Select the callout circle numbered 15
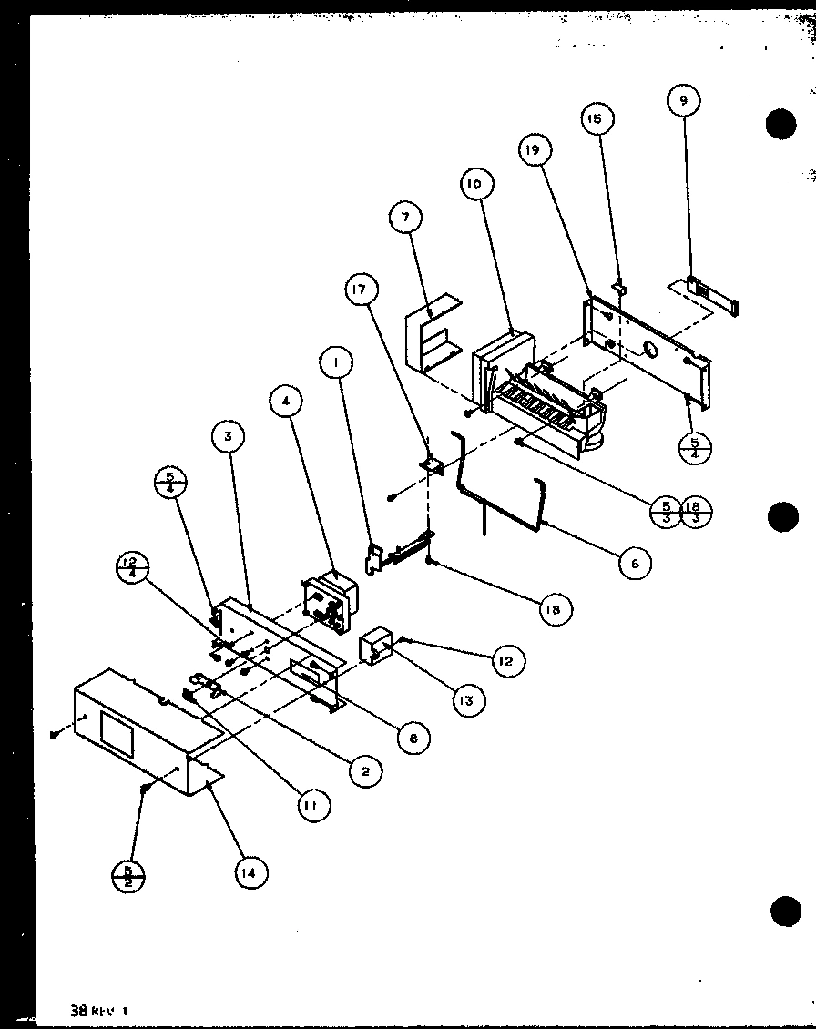[597, 118]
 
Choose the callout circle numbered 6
[635, 564]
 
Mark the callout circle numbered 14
[250, 872]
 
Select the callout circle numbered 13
[468, 700]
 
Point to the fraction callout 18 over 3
[697, 513]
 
